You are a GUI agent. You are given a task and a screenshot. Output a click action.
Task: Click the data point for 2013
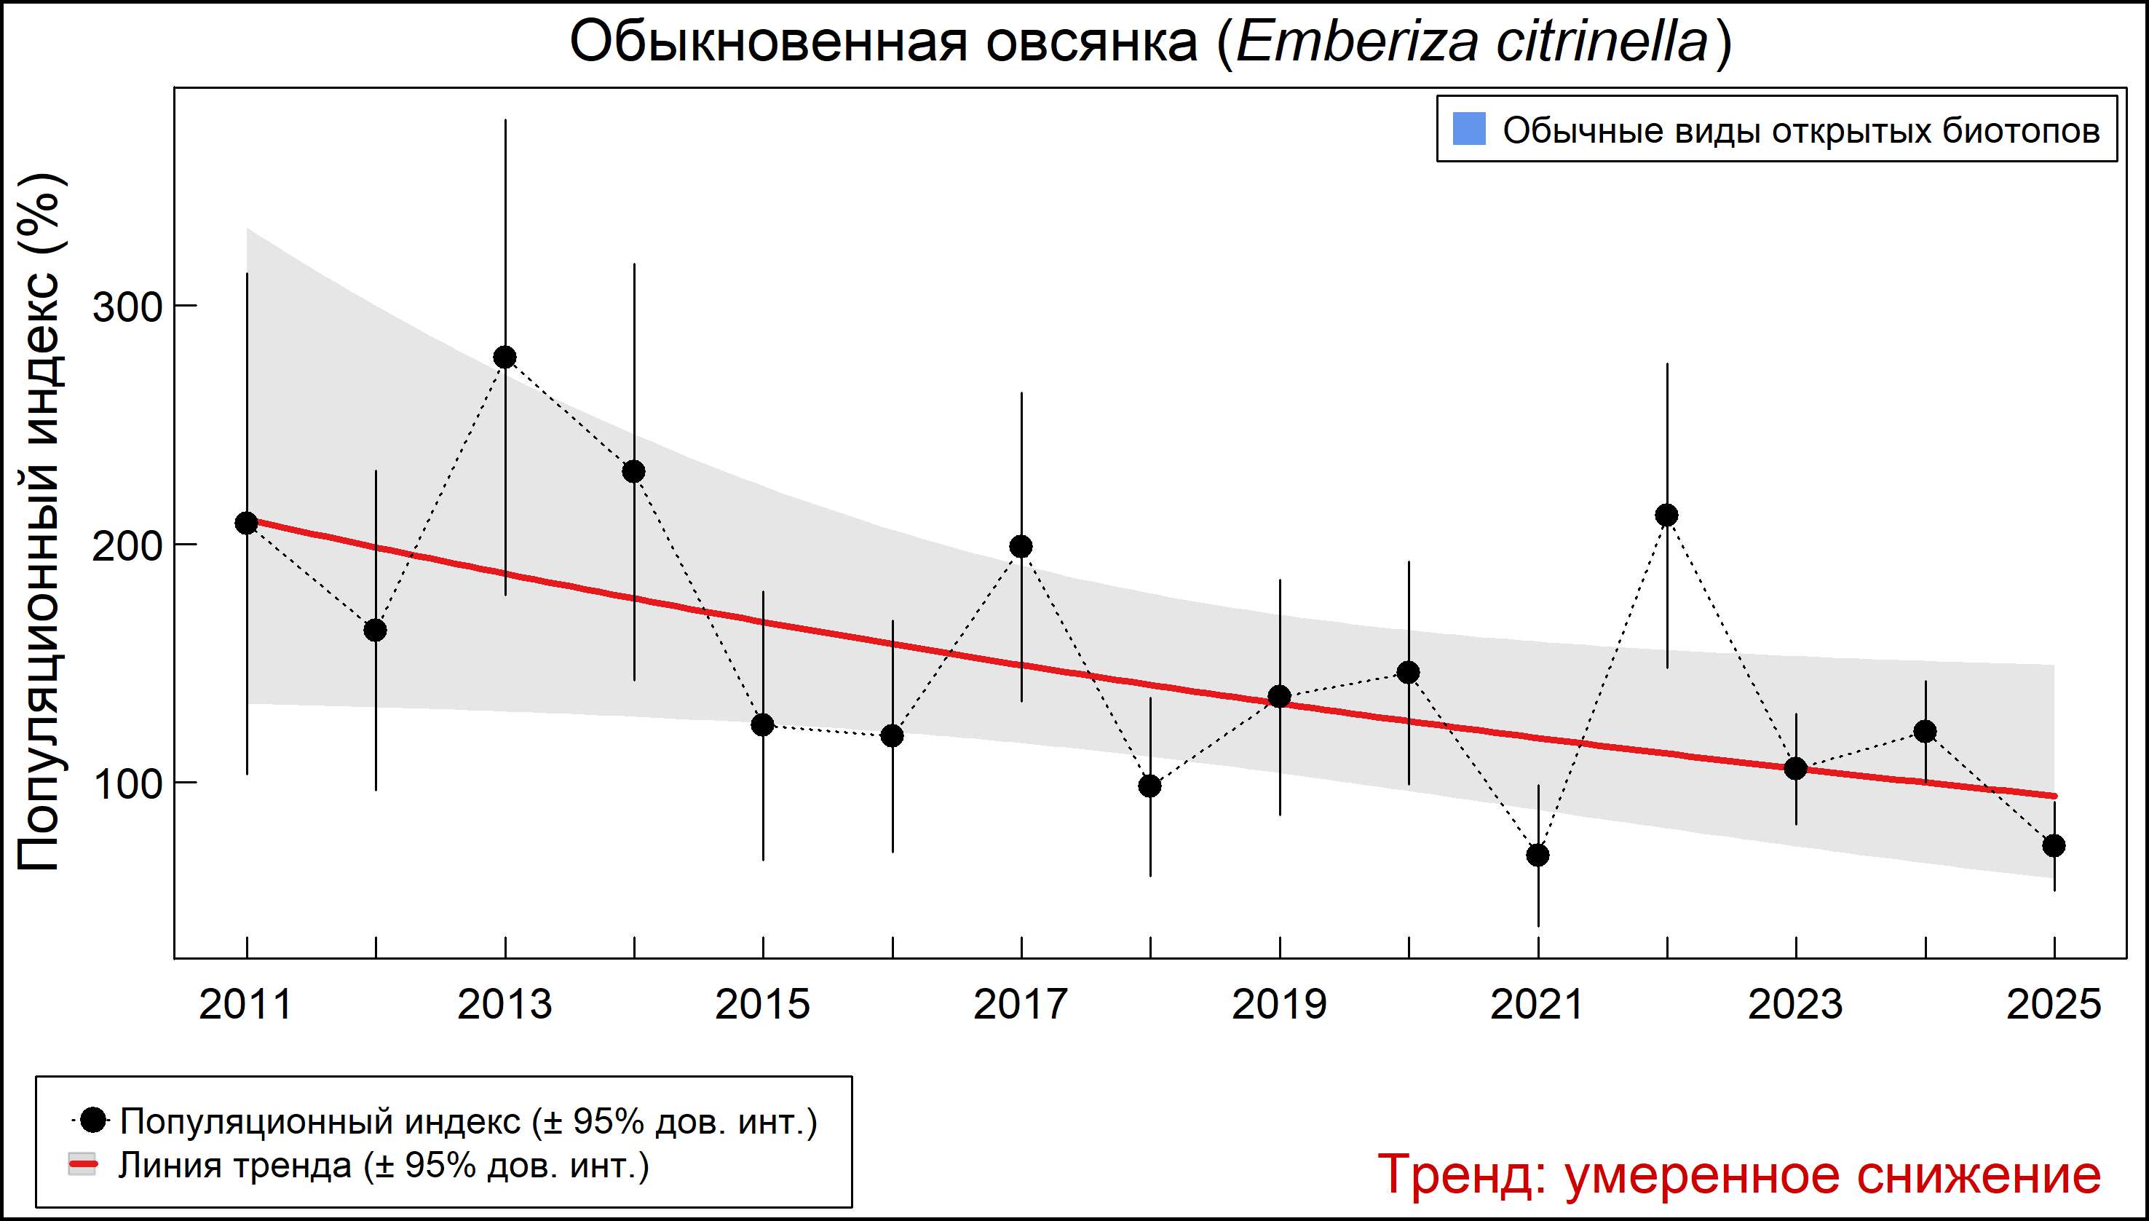pyautogui.click(x=504, y=357)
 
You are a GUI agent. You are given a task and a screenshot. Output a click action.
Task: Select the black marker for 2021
pyautogui.click(x=1537, y=856)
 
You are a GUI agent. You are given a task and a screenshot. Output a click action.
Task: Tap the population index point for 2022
pyautogui.click(x=1667, y=515)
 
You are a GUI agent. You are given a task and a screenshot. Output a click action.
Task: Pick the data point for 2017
pyautogui.click(x=1021, y=547)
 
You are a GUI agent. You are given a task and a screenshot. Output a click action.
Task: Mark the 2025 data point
pyautogui.click(x=2054, y=845)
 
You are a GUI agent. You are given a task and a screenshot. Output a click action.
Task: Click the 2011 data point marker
pyautogui.click(x=247, y=523)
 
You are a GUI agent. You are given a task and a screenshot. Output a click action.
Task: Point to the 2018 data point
pyautogui.click(x=1150, y=786)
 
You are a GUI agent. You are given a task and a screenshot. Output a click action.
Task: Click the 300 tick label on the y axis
pyautogui.click(x=127, y=308)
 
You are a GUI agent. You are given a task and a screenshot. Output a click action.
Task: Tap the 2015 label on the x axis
pyautogui.click(x=762, y=1005)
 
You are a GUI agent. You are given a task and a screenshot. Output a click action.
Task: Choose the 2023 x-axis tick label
pyautogui.click(x=1795, y=1005)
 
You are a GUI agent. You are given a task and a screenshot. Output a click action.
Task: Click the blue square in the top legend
pyautogui.click(x=1469, y=129)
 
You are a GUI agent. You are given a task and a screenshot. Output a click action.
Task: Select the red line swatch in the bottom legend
pyautogui.click(x=83, y=1166)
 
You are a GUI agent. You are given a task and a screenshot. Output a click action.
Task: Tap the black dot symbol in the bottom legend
pyautogui.click(x=95, y=1120)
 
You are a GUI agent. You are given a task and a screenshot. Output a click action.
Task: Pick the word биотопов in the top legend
pyautogui.click(x=2021, y=131)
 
